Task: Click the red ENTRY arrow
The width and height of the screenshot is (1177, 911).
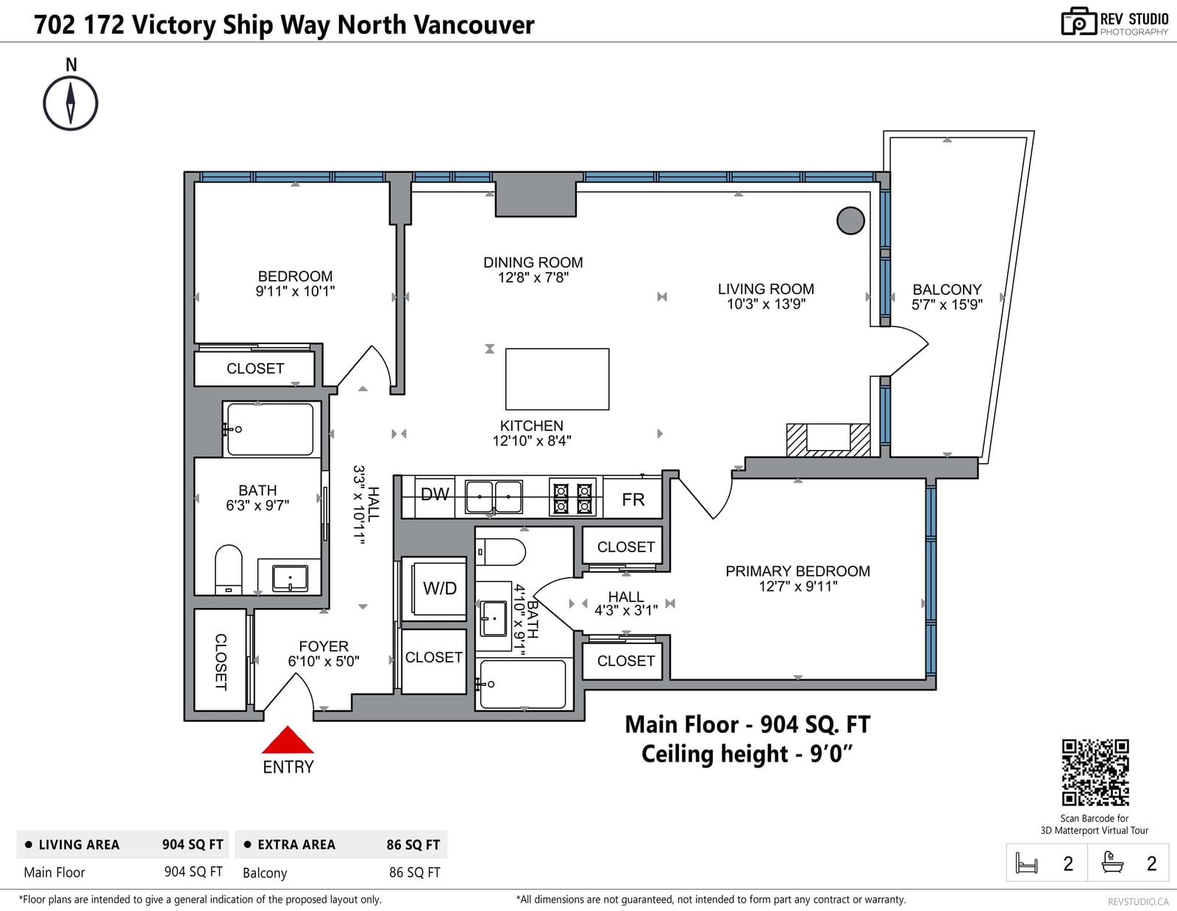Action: pos(288,740)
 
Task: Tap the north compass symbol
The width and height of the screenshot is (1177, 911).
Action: pos(71,103)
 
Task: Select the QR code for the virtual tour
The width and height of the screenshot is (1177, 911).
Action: pos(1095,773)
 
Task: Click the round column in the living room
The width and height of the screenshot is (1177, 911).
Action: pos(850,221)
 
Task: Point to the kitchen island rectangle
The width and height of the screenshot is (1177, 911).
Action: pos(557,379)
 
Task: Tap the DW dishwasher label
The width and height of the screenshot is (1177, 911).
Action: pos(435,494)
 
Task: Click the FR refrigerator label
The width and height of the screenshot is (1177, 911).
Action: pos(633,499)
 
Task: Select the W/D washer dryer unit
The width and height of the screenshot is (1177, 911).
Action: pos(439,588)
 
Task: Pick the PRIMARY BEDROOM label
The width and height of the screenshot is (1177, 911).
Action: pos(798,571)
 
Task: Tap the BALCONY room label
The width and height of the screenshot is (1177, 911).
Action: pos(947,290)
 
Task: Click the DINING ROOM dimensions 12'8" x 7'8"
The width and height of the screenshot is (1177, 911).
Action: pos(533,278)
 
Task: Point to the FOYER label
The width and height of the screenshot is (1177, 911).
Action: pos(324,646)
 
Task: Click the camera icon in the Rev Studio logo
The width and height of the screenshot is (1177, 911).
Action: pos(1078,21)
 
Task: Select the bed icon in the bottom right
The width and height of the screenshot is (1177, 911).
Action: pos(1026,862)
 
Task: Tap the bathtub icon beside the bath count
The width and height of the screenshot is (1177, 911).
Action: pos(1112,862)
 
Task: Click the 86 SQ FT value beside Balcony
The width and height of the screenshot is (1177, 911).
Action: pos(414,873)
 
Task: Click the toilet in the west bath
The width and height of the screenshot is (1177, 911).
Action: pos(228,569)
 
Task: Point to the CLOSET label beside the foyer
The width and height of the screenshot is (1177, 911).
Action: pos(221,662)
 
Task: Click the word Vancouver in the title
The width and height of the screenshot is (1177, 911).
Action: pos(474,25)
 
